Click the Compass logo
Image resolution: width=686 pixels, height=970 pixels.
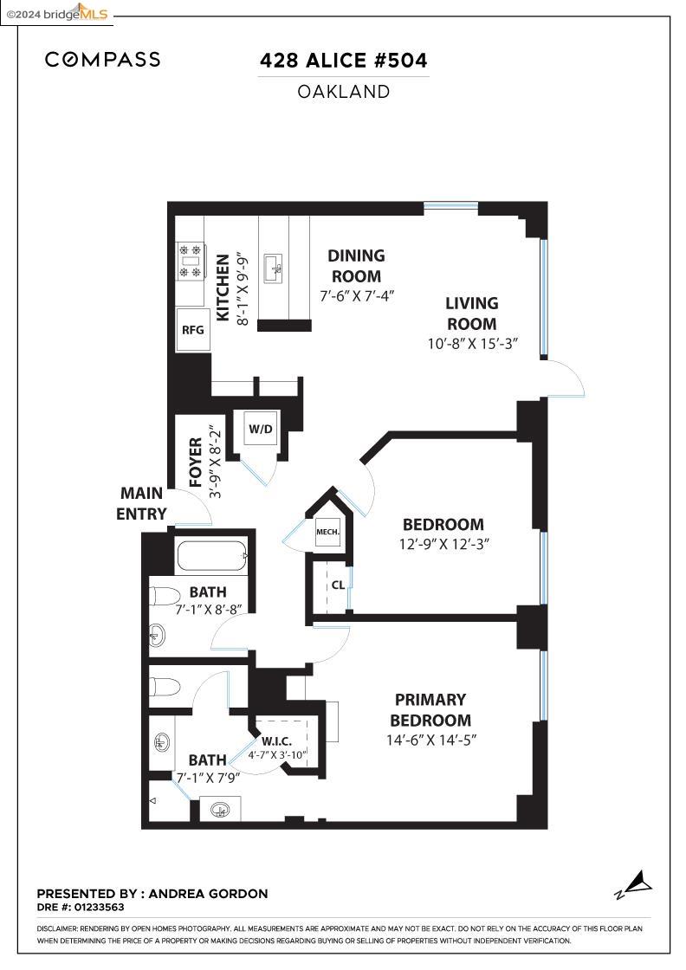coord(102,60)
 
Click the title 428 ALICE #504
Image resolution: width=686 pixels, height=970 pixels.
coord(343,61)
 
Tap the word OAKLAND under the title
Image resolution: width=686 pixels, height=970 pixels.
coord(343,91)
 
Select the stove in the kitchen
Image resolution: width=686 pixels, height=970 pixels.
coord(190,261)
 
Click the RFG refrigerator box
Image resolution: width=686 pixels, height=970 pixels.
coord(192,330)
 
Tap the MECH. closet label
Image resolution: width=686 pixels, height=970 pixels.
coord(327,532)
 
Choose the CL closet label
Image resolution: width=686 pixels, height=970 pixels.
coord(338,585)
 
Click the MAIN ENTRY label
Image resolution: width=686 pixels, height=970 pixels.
coord(141,503)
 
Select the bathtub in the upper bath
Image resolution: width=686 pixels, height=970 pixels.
coord(211,556)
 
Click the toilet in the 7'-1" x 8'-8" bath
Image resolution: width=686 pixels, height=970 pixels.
coord(165,597)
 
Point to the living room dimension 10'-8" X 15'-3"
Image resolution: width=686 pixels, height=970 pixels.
coord(472,343)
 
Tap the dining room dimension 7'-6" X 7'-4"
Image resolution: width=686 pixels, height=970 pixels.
coord(356,295)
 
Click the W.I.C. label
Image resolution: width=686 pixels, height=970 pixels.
coord(276,741)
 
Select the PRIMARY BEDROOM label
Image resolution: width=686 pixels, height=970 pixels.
coord(430,709)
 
